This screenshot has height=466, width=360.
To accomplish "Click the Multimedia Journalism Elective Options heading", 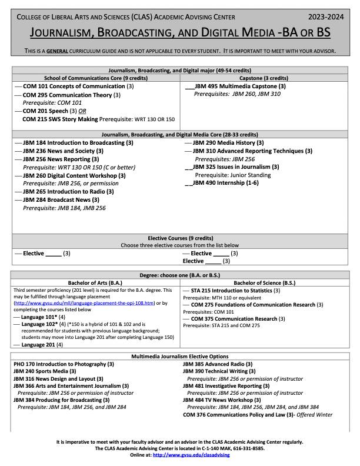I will pos(180,357).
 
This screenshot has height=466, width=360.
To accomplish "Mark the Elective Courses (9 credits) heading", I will pos(180,238).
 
